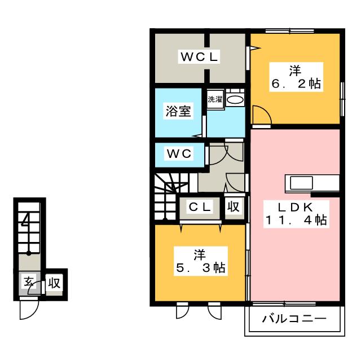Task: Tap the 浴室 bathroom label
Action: coord(178,111)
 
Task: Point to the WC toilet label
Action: coord(178,153)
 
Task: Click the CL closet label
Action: coord(200,207)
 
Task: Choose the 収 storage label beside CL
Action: coord(234,207)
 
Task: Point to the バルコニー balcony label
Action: coord(294,320)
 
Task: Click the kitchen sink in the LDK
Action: coord(301,183)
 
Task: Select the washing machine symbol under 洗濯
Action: coord(235,100)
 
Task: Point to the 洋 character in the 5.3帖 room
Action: coord(200,254)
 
